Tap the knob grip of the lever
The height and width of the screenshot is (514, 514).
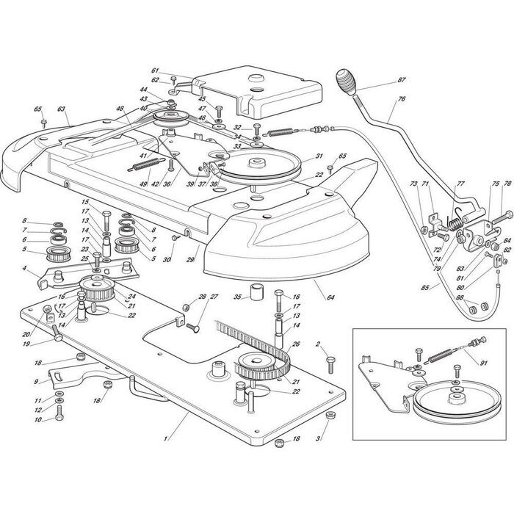347,79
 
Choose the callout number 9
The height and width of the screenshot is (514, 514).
37,382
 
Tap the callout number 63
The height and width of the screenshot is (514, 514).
62,109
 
